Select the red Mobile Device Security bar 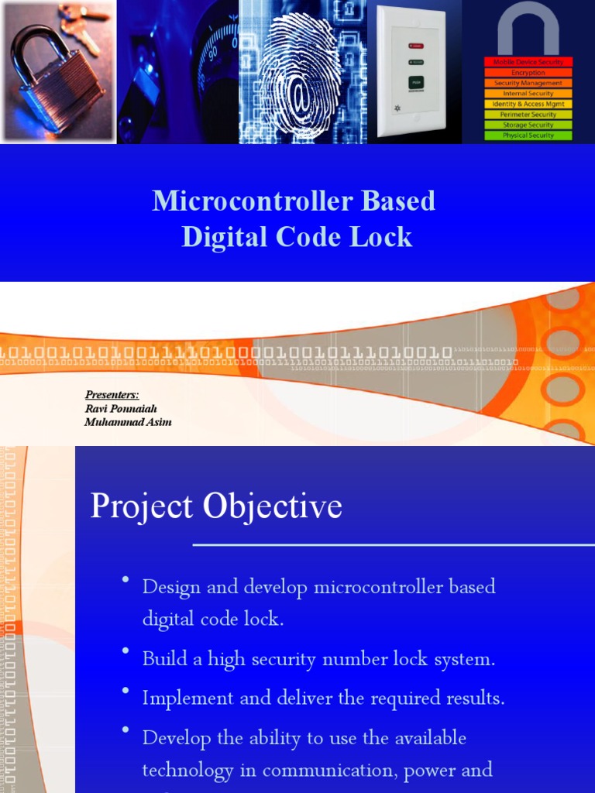pos(528,62)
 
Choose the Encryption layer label pos(528,73)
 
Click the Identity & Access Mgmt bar pos(528,104)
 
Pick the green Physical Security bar pos(528,136)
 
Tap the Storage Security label pos(528,125)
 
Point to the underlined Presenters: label pos(112,395)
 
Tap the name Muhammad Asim pos(128,422)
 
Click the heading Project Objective pos(216,506)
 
